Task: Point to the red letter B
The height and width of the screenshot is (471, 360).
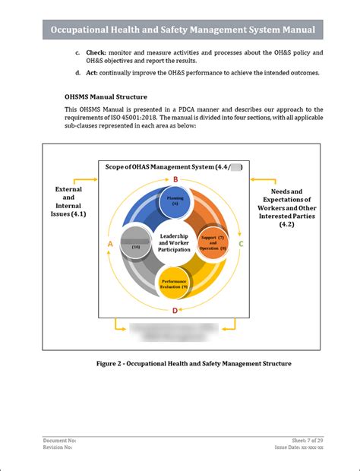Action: pyautogui.click(x=175, y=179)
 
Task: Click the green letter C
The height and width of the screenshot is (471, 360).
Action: pyautogui.click(x=241, y=244)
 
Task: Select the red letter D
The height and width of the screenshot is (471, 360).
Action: pyautogui.click(x=175, y=310)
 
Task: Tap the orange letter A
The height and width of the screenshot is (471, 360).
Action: pyautogui.click(x=110, y=244)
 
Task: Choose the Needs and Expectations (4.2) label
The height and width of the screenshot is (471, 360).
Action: pyautogui.click(x=286, y=207)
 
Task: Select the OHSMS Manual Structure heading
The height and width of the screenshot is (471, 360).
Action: pyautogui.click(x=106, y=97)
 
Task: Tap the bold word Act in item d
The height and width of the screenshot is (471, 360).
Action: pyautogui.click(x=91, y=73)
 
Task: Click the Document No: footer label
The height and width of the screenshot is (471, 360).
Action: pyautogui.click(x=60, y=441)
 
